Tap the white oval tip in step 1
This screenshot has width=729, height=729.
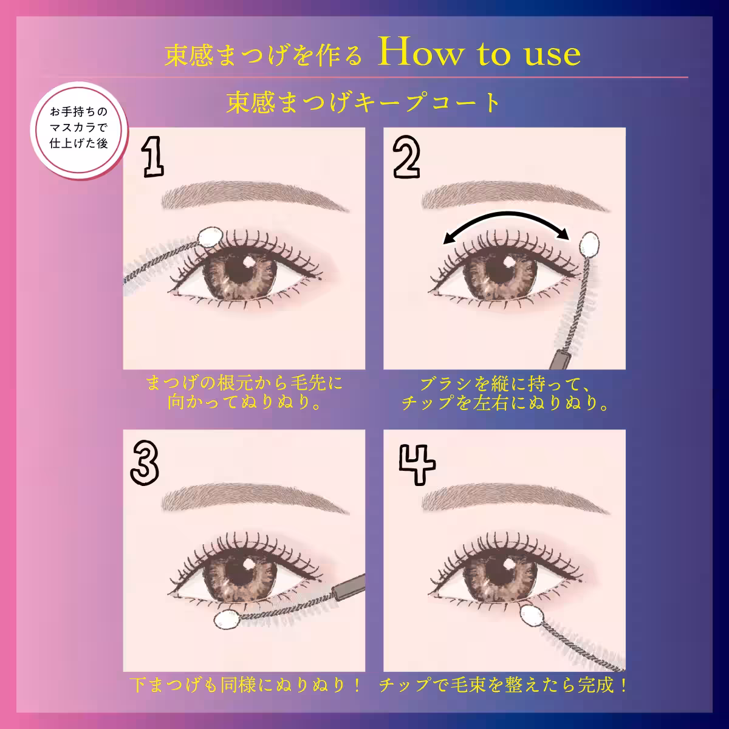(x=211, y=237)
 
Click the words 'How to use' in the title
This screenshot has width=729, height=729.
(x=478, y=54)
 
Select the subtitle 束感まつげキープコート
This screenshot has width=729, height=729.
(x=363, y=102)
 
